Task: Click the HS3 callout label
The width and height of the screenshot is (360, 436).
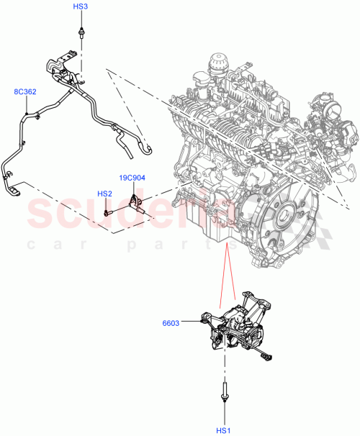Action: click(81, 6)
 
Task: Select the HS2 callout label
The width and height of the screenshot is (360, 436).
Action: click(105, 194)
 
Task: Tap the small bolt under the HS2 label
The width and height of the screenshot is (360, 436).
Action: click(107, 212)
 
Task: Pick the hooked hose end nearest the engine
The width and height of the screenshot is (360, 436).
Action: click(147, 150)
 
